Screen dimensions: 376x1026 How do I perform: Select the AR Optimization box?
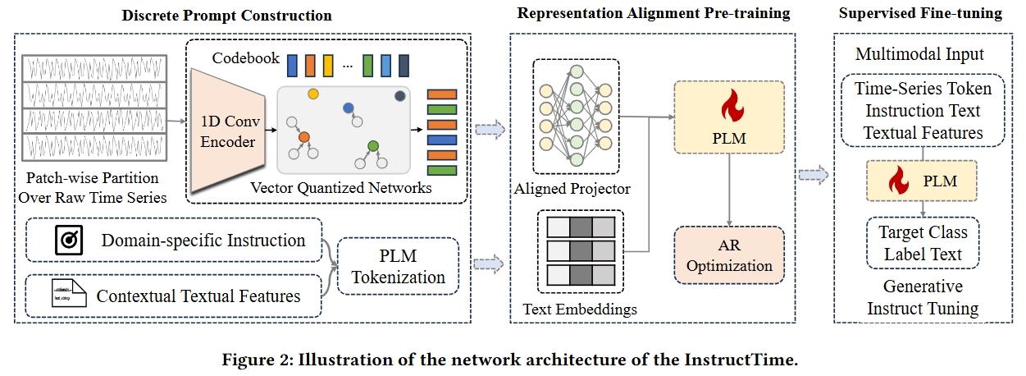click(729, 254)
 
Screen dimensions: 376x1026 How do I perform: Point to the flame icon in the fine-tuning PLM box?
click(899, 180)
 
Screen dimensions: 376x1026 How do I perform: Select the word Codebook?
click(242, 60)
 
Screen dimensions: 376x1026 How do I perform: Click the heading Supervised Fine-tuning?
click(919, 15)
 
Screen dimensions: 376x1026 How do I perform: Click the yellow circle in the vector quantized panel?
click(312, 94)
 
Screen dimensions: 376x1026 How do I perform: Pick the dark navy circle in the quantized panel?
click(400, 96)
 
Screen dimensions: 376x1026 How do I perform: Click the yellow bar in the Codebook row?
click(327, 63)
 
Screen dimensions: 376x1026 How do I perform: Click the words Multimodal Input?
click(919, 55)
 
